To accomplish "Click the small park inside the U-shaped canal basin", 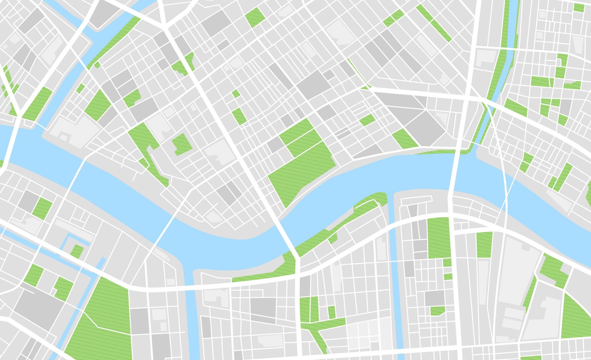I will pyautogui.click(x=77, y=251).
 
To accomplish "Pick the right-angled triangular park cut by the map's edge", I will pyautogui.click(x=576, y=317).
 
